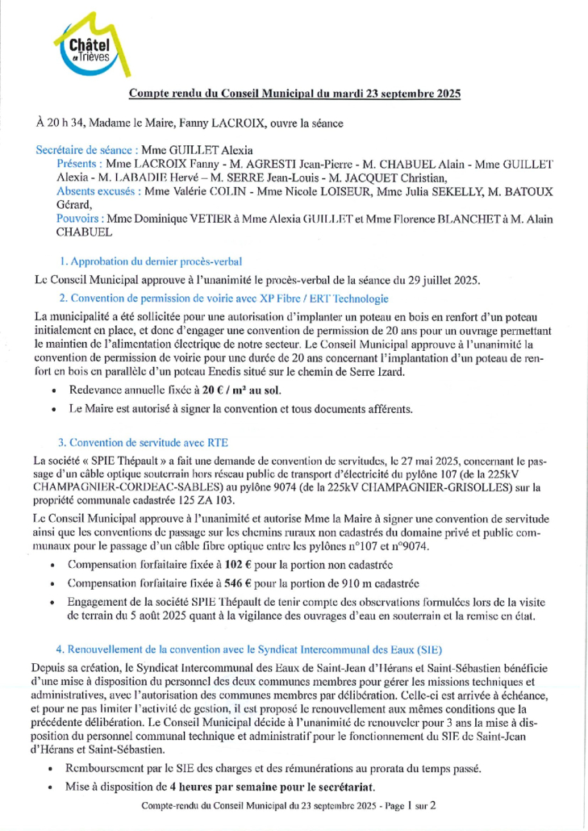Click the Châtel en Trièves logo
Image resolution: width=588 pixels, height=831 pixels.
83,48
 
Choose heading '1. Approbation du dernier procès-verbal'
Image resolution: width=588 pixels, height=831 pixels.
151,261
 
